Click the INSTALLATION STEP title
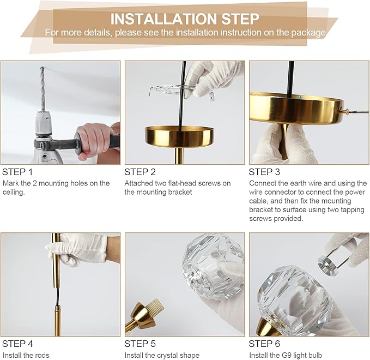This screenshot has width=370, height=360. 185,19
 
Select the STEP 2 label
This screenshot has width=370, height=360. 140,172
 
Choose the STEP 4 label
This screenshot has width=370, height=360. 17,344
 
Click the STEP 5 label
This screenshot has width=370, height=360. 140,344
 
